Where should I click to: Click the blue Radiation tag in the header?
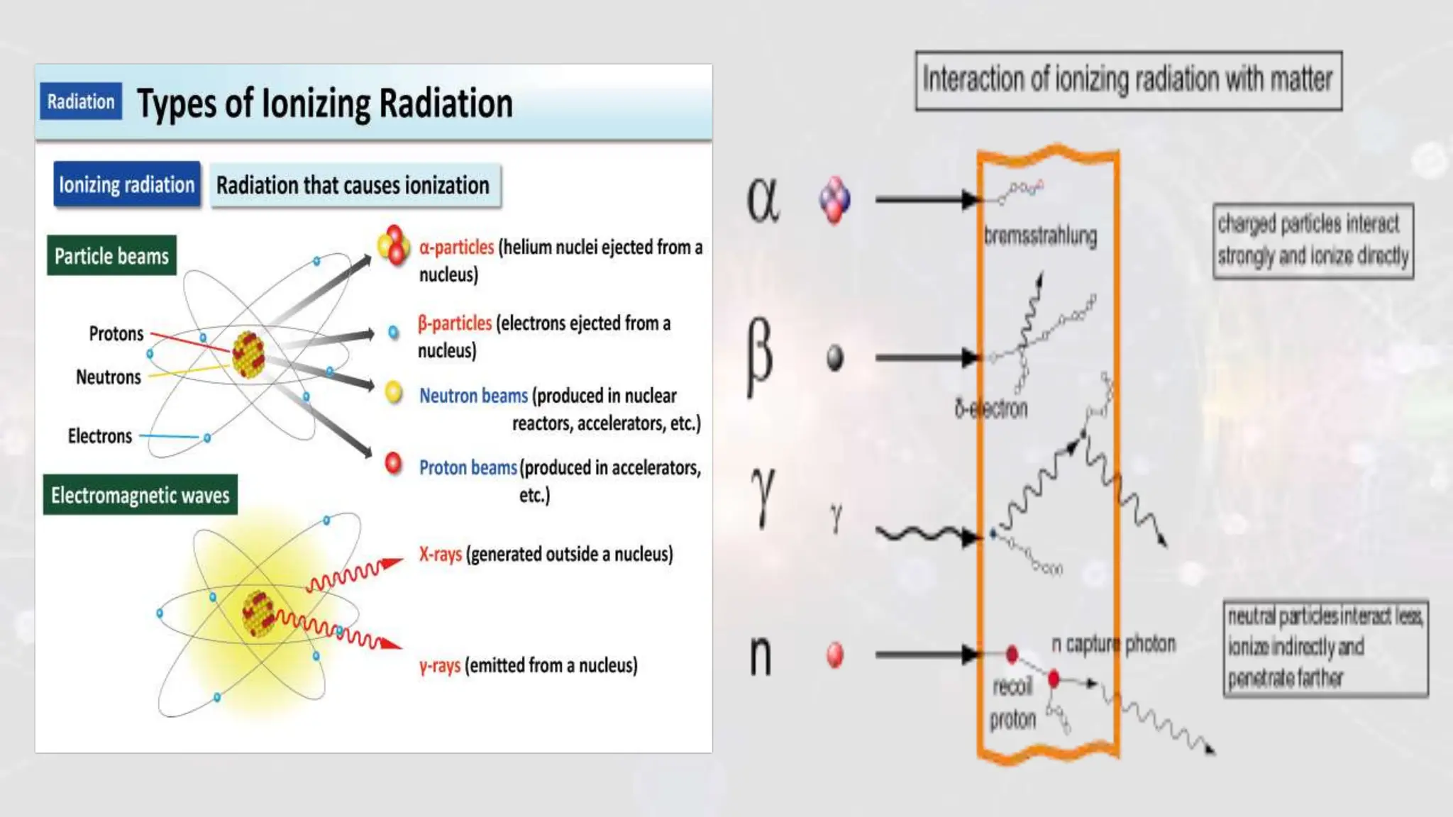(80, 101)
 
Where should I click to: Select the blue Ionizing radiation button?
(126, 185)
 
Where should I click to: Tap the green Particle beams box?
(111, 256)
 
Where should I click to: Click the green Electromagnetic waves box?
(140, 495)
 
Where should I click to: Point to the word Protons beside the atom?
(116, 333)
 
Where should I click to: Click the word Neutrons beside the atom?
(108, 377)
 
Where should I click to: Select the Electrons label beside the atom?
(99, 435)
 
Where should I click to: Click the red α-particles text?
(456, 248)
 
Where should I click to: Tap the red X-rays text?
(440, 554)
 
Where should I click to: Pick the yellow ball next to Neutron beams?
(393, 392)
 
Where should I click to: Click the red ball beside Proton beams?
(393, 464)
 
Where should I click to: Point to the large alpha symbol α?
(763, 200)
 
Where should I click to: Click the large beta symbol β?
(759, 356)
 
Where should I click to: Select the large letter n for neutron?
(760, 655)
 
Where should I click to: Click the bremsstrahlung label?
(1040, 236)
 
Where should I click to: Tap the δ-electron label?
(990, 408)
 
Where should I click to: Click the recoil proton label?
(1012, 703)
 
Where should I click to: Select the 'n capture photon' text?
(1112, 644)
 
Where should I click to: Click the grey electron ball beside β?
(835, 357)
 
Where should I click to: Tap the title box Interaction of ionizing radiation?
(1128, 80)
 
